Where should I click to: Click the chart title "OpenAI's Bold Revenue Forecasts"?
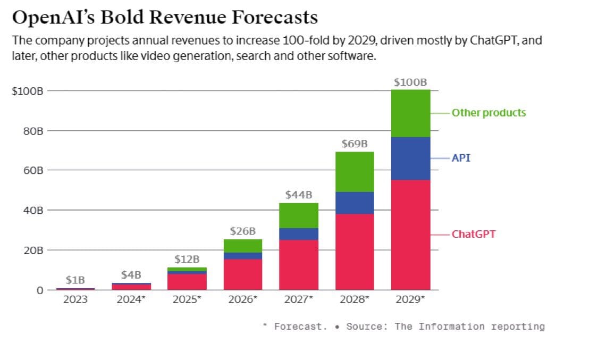[165, 18]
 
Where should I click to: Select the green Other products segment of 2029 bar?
[410, 113]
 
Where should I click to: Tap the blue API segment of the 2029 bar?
[410, 158]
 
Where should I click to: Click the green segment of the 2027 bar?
[299, 215]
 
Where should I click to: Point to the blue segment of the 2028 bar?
[355, 203]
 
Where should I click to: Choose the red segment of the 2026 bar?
[243, 274]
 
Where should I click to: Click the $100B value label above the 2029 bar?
[410, 82]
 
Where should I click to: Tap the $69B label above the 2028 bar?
[355, 144]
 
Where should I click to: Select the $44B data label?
[299, 195]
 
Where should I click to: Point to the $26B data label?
[243, 231]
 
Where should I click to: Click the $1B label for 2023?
[75, 280]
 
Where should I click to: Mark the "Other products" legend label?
[488, 113]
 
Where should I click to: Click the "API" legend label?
[461, 158]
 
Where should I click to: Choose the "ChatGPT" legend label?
[473, 234]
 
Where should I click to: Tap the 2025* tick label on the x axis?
[187, 299]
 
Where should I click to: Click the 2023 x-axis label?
[75, 299]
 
